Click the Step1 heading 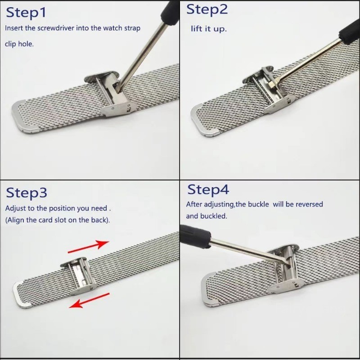[x=26, y=13]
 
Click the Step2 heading [x=207, y=10]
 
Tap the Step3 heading [x=27, y=193]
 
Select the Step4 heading [x=208, y=190]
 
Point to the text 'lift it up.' [x=209, y=29]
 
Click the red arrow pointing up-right [x=89, y=247]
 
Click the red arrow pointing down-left [x=89, y=300]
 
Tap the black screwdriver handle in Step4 [x=195, y=237]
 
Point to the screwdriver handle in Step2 [x=349, y=32]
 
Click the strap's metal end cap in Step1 [x=24, y=117]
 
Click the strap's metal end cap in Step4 [x=208, y=290]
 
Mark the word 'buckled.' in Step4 [x=213, y=216]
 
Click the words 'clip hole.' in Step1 [x=19, y=44]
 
